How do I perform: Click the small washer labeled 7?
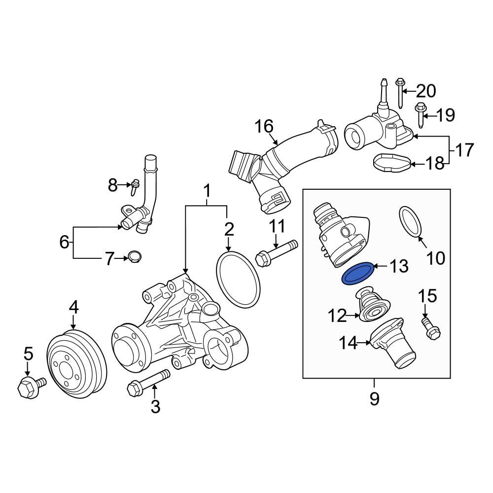pyautogui.click(x=133, y=257)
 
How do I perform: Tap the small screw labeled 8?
pyautogui.click(x=135, y=186)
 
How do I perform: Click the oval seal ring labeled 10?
pyautogui.click(x=411, y=222)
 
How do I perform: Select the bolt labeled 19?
pyautogui.click(x=420, y=113)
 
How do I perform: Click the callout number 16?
pyautogui.click(x=264, y=127)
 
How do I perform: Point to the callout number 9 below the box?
pyautogui.click(x=374, y=399)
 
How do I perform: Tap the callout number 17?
pyautogui.click(x=464, y=150)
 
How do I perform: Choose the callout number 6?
pyautogui.click(x=64, y=242)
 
